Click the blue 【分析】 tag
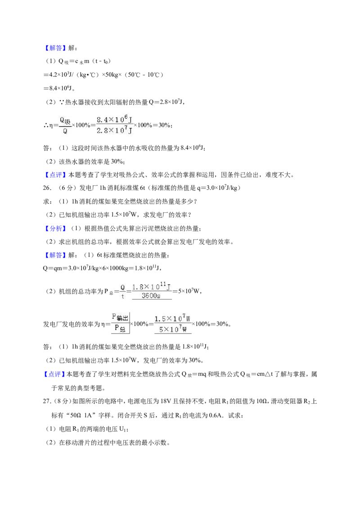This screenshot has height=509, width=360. [54, 228]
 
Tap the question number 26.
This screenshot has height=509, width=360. [47, 188]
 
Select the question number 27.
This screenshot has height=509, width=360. [47, 401]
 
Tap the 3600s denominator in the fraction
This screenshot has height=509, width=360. [151, 296]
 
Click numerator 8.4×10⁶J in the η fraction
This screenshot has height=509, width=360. [114, 119]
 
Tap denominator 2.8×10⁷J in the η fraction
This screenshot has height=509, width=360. [114, 130]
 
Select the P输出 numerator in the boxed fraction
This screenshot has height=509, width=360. [120, 317]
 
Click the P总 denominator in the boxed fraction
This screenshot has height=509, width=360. [120, 328]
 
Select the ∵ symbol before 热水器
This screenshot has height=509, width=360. [62, 102]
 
